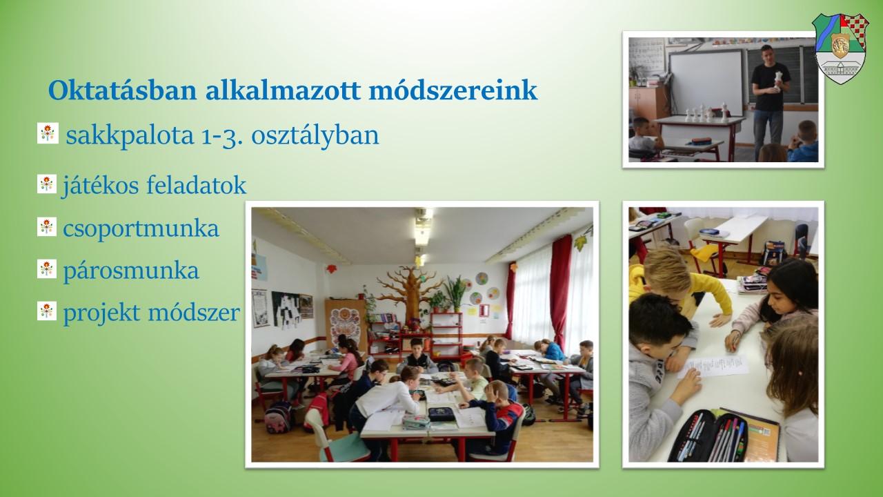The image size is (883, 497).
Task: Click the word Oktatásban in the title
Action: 122,90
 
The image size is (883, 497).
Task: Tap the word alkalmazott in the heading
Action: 283,90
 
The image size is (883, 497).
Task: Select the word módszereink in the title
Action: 453,90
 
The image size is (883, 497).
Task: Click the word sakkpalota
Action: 130,136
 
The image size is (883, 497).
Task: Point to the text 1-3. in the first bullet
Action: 221,136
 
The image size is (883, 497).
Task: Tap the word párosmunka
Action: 131,271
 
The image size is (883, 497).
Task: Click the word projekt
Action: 101,313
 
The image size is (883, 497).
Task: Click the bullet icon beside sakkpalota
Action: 48,133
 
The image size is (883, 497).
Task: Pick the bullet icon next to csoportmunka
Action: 47,227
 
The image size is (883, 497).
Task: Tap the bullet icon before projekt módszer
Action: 47,311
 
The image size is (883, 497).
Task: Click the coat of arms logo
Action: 840,48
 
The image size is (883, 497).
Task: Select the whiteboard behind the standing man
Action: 706,82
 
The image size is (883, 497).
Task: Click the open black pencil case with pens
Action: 708,436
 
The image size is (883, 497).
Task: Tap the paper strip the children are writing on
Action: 713,367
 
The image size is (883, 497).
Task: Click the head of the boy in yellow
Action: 667,269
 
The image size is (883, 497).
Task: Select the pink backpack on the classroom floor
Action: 278,418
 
